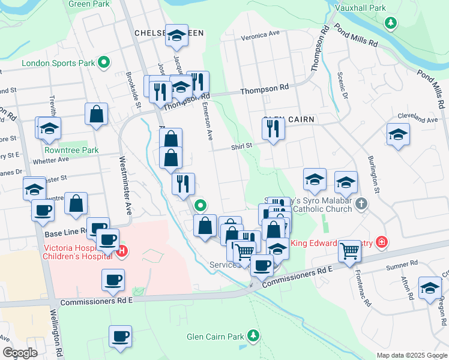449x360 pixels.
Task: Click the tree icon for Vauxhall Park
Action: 391,23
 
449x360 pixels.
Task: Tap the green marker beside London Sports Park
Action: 104,62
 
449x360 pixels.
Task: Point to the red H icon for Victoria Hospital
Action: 122,251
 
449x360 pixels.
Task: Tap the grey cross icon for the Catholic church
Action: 361,204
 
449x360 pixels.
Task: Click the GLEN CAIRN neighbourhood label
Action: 289,120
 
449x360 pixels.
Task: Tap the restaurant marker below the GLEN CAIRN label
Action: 273,128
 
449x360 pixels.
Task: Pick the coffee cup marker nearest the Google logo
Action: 120,337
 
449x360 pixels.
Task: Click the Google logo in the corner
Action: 20,353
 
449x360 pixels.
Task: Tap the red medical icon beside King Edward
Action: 381,242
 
